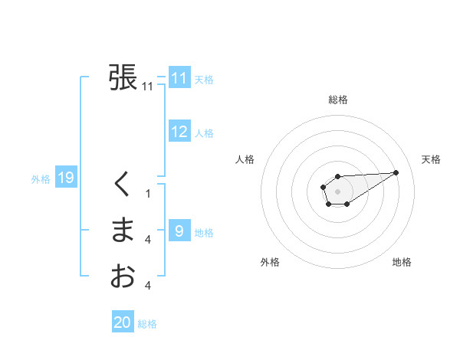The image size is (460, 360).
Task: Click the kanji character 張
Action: click(123, 77)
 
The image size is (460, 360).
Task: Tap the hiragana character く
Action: click(123, 185)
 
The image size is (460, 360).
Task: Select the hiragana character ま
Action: click(123, 231)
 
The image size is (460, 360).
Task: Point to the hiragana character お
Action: click(123, 276)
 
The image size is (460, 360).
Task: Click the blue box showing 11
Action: click(179, 78)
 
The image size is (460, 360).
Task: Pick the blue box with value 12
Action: click(179, 132)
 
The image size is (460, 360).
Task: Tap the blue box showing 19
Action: click(65, 178)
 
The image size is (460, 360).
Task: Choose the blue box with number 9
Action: click(179, 231)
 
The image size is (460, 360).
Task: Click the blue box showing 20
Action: click(123, 322)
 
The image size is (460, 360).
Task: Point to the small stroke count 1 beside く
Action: click(148, 194)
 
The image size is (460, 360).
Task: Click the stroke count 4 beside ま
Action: click(148, 241)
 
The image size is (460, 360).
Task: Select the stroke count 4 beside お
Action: click(148, 286)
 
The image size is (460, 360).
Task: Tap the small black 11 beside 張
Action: click(148, 87)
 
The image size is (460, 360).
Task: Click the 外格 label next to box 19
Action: click(41, 179)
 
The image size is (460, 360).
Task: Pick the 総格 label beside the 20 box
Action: click(147, 324)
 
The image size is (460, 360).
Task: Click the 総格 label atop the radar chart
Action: click(337, 100)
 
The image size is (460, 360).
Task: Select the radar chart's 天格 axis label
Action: click(431, 159)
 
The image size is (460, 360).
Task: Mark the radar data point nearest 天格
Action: click(396, 172)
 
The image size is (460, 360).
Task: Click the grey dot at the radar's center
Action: click(337, 190)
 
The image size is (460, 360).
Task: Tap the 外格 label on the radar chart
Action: click(269, 262)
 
